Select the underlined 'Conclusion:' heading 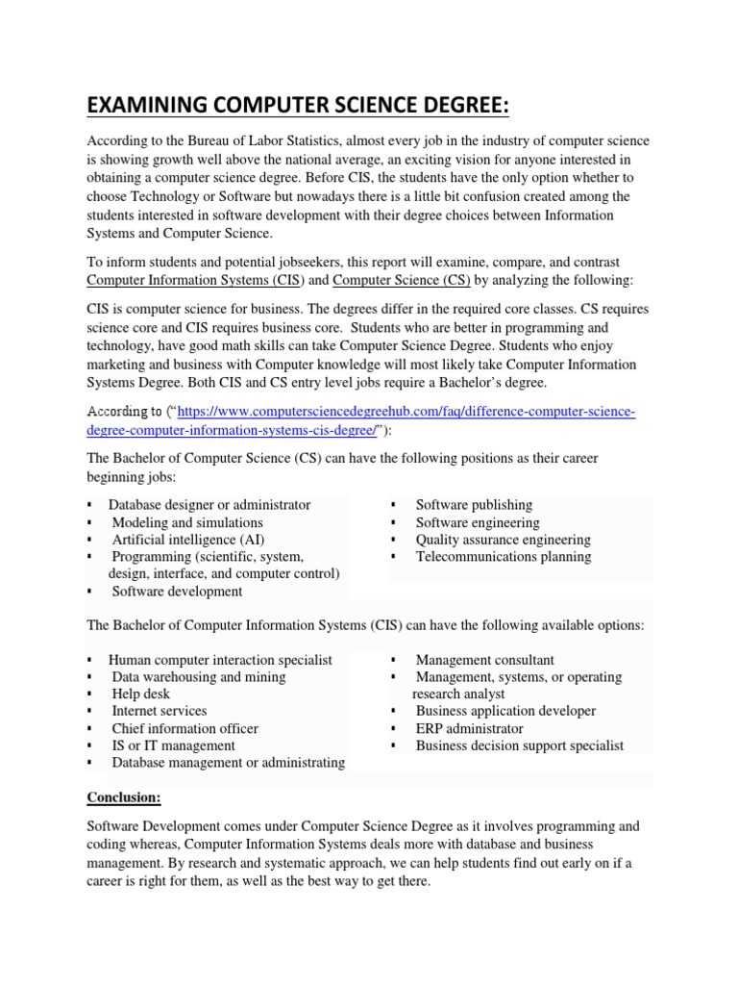pos(123,797)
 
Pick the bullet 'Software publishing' pos(474,505)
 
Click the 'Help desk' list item pos(140,694)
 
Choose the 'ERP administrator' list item pos(469,728)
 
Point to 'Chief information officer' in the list pos(184,728)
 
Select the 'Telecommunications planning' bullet pos(503,557)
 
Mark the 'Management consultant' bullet pos(484,660)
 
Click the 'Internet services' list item pos(159,711)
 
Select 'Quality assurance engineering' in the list pos(503,540)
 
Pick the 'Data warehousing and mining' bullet pos(198,676)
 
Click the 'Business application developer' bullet pos(505,711)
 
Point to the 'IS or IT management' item pos(173,745)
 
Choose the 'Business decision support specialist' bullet pos(519,745)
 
